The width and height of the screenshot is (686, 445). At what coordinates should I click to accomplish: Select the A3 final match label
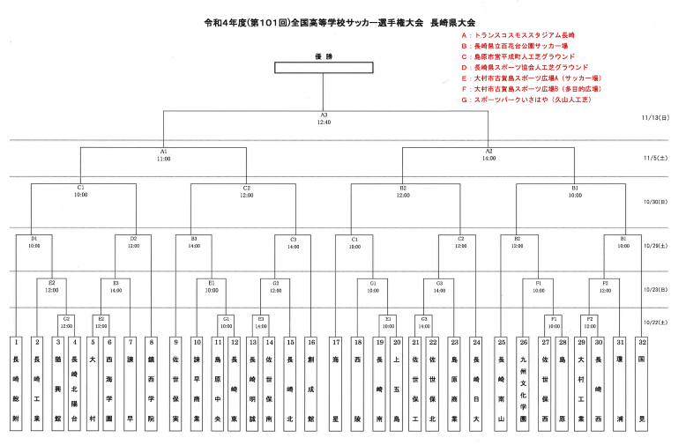coord(324,118)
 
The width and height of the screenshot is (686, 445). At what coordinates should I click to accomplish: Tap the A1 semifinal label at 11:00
coord(164,155)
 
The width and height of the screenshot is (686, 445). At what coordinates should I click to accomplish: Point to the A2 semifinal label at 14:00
coord(488,155)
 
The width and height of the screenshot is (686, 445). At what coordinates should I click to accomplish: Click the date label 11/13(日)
coord(656,116)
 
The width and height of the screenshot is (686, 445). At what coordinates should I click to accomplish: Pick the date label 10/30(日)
coord(656,202)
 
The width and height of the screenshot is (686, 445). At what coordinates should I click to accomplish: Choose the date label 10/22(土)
coord(656,323)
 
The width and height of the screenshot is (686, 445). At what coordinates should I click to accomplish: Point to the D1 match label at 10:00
coord(34,241)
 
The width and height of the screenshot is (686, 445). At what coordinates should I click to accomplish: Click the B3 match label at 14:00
coord(193,241)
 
